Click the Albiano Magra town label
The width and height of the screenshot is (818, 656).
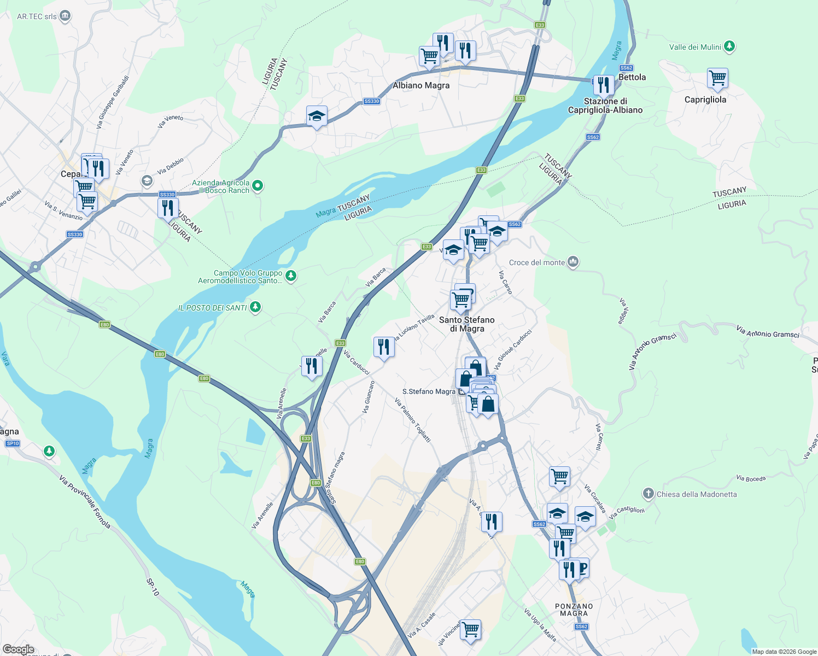[x=421, y=85]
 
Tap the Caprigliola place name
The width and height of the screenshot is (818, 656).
[x=705, y=99]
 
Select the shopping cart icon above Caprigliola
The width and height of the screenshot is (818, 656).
[x=717, y=78]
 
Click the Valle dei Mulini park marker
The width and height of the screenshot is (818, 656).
[x=729, y=46]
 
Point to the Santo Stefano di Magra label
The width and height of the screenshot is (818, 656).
[x=466, y=324]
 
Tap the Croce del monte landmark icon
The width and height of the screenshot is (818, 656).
[x=573, y=262]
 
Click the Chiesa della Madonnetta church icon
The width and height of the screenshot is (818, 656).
[x=648, y=494]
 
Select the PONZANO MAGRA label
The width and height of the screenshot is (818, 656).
[x=574, y=610]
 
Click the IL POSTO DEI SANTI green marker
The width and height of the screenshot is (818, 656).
[x=255, y=307]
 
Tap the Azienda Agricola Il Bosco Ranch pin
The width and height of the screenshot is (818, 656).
[x=258, y=186]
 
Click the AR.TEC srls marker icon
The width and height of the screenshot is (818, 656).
[x=65, y=16]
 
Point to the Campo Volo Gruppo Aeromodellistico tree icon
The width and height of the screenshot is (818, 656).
[x=291, y=276]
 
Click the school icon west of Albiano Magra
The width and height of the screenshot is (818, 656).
[x=317, y=116]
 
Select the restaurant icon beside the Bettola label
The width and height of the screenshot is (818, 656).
[x=603, y=85]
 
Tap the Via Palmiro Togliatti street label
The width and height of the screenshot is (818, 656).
[x=413, y=420]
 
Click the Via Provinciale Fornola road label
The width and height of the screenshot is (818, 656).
[x=85, y=502]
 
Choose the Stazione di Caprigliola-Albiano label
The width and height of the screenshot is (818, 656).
[x=605, y=106]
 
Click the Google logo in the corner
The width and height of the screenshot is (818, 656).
[x=18, y=649]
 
